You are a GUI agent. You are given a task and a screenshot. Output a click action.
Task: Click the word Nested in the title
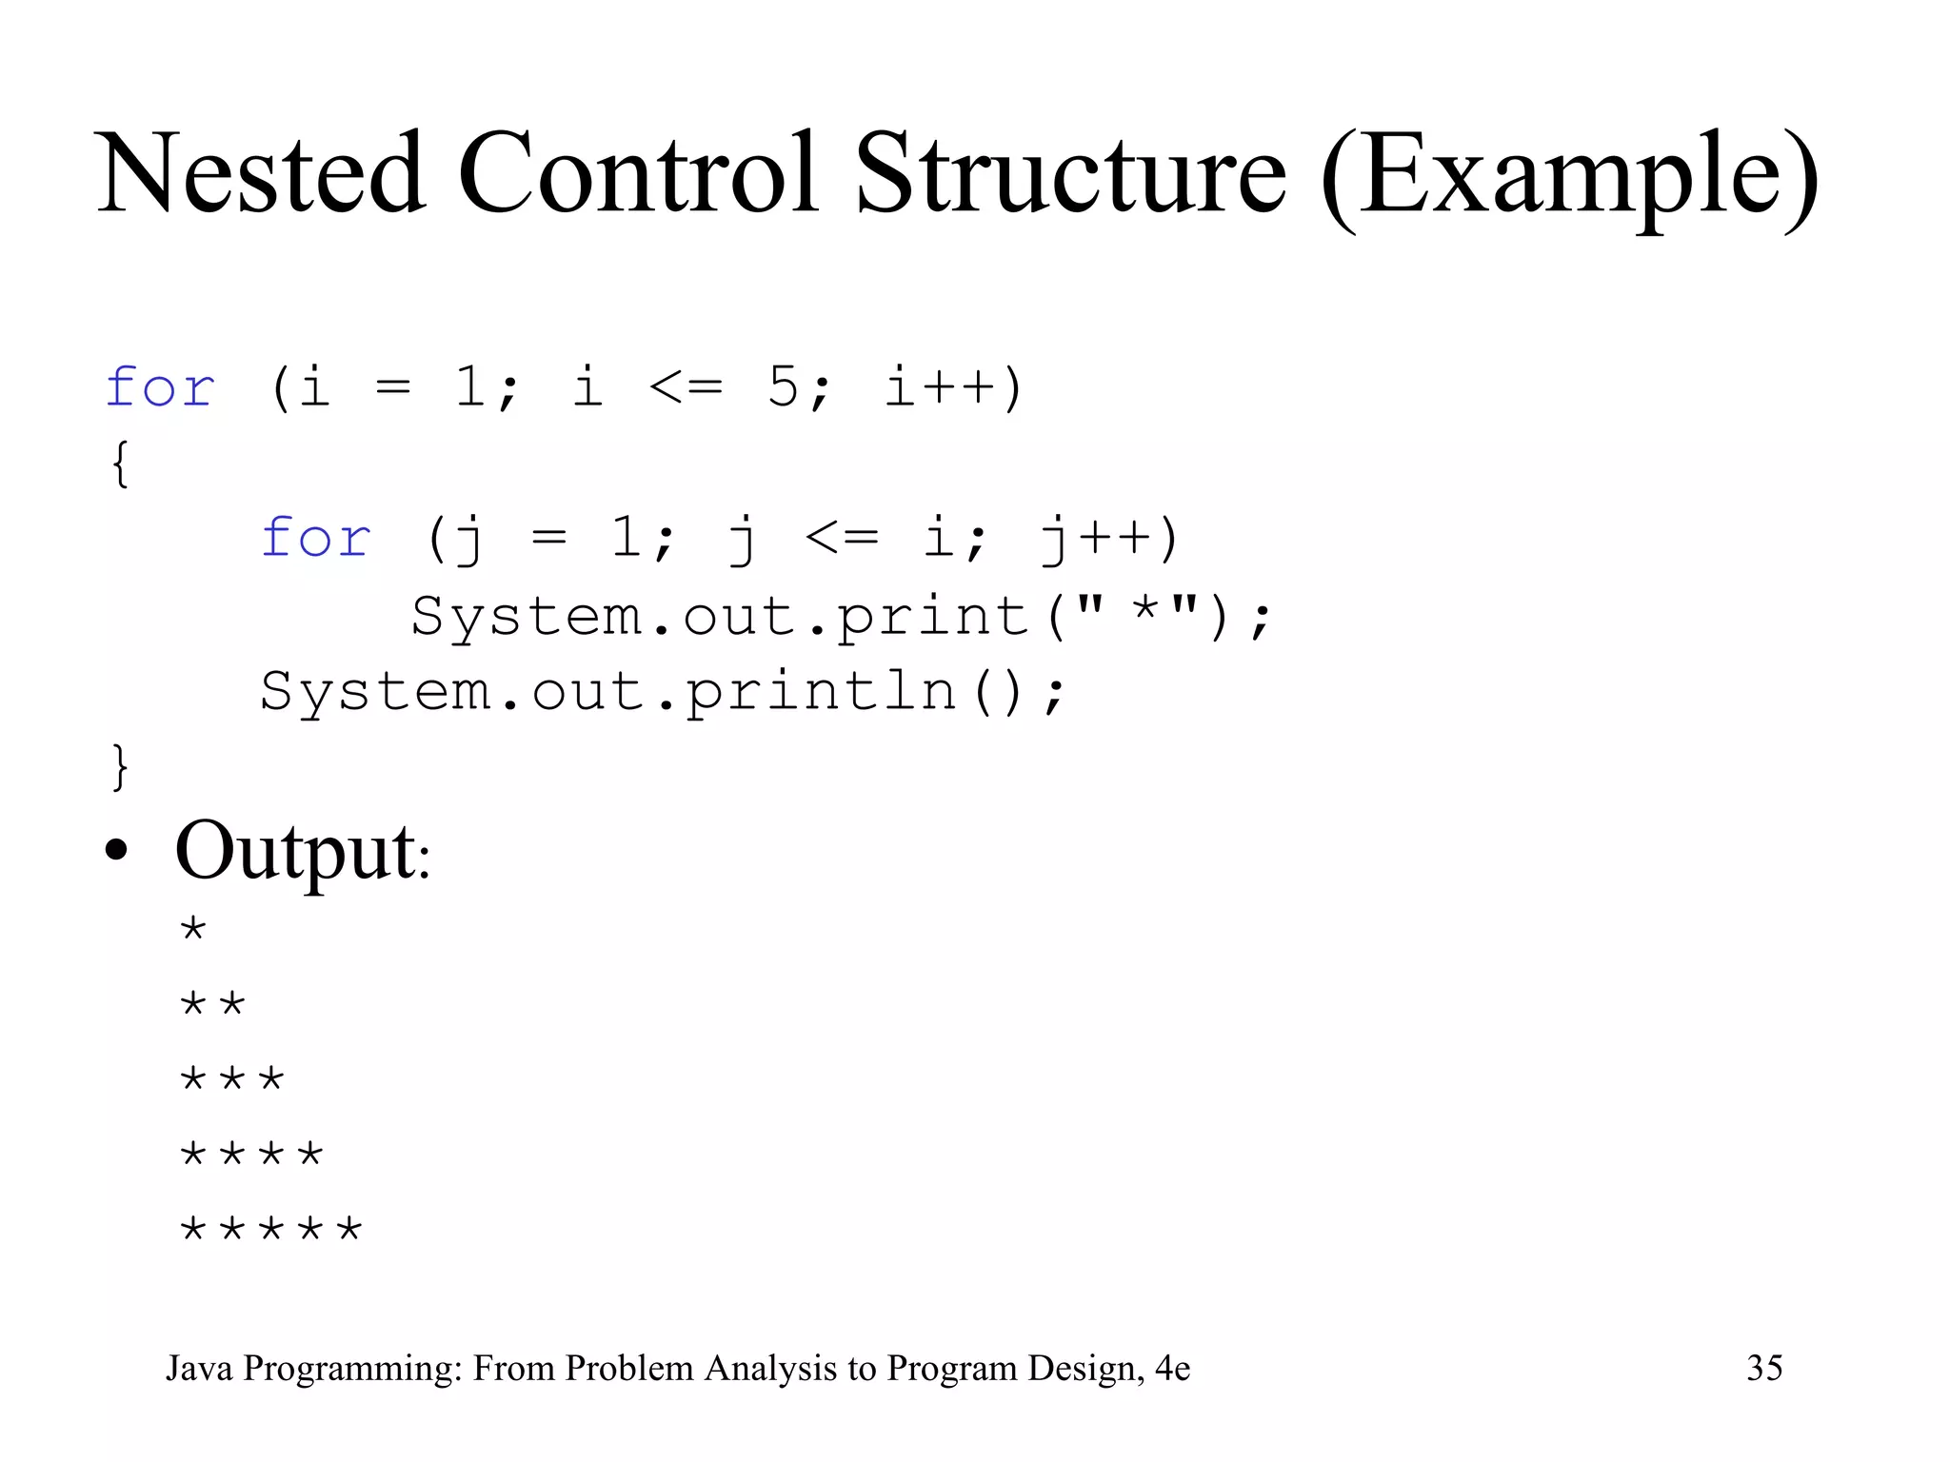tap(261, 174)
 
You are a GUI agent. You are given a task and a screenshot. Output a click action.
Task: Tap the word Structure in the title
tap(1070, 174)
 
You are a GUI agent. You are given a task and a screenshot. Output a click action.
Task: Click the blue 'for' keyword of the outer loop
tap(160, 387)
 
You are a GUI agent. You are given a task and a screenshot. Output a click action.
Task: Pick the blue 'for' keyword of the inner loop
tap(315, 539)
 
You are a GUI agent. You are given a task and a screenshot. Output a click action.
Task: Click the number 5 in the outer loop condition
tap(783, 387)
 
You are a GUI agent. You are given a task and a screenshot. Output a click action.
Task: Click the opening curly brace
tap(120, 464)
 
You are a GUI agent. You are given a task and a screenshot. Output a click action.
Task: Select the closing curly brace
tap(120, 766)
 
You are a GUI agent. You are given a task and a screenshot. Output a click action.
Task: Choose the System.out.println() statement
tap(663, 692)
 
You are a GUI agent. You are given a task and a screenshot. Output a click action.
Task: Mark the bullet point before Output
tap(116, 850)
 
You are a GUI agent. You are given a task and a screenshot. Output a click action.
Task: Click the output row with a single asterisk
tap(193, 928)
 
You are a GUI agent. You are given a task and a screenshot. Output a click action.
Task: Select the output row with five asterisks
tap(271, 1229)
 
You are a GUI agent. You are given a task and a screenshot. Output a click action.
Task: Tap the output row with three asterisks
tap(232, 1078)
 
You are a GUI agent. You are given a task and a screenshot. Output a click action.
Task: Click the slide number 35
tap(1764, 1368)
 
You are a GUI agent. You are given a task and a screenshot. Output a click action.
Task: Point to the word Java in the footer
tap(199, 1368)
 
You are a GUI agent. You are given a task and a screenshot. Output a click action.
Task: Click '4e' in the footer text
tap(1172, 1368)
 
